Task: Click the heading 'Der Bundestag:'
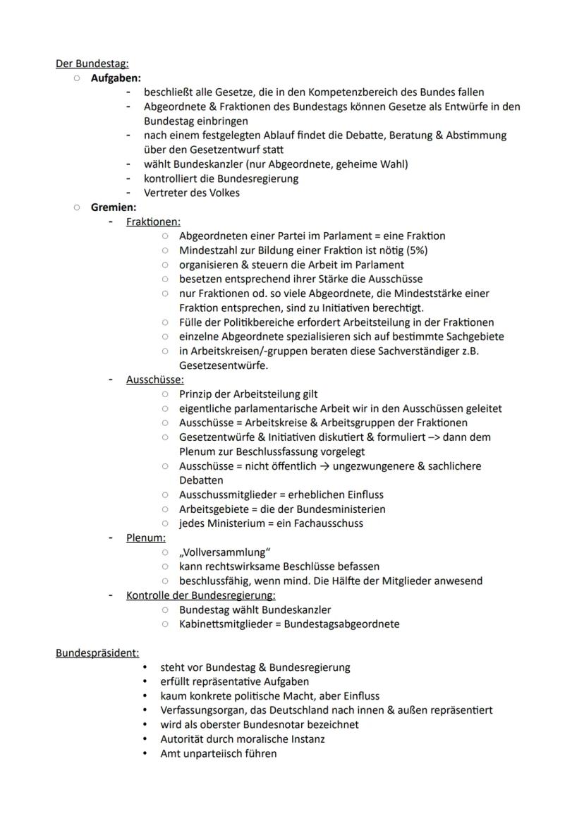(92, 63)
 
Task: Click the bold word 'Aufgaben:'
(116, 78)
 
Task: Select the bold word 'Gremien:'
(114, 207)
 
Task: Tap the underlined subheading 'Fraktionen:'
(153, 221)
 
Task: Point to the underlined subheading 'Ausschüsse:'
(154, 379)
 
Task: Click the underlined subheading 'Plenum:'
(146, 537)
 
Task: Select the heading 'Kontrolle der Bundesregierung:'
(200, 595)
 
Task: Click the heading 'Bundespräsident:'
(97, 652)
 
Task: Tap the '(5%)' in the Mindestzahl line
(416, 250)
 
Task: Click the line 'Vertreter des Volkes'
(191, 193)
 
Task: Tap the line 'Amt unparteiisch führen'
(218, 753)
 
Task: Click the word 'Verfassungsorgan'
(202, 710)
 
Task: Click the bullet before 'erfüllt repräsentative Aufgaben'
(145, 681)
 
